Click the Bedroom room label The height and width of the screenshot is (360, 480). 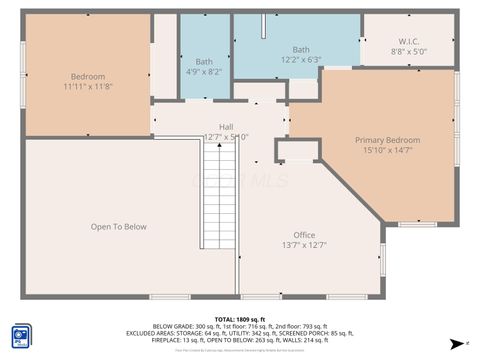[x=88, y=77]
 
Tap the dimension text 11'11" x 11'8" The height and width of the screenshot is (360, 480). [x=88, y=88]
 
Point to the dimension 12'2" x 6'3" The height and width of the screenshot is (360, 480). [x=301, y=60]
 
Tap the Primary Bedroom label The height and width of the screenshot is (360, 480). [x=388, y=140]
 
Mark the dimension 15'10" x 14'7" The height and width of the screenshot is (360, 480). [x=388, y=151]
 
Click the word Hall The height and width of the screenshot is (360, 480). [x=226, y=126]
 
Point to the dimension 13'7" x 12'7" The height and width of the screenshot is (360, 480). [x=304, y=245]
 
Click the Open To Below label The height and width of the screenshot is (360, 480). [x=119, y=227]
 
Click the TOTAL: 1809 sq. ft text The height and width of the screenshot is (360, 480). [x=239, y=319]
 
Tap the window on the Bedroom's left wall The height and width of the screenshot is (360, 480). [x=24, y=75]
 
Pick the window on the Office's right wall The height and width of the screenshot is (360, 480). [x=383, y=260]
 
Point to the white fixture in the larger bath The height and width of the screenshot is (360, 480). [x=263, y=25]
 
